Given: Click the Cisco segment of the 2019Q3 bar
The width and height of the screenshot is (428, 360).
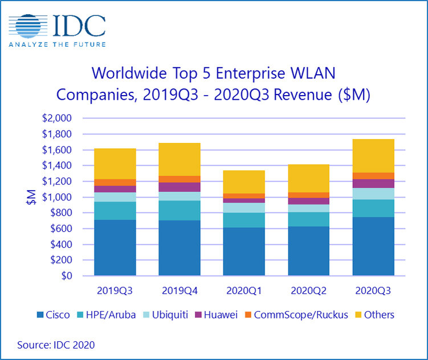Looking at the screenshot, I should [115, 248].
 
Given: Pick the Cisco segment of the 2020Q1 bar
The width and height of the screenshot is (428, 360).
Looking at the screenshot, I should [244, 252].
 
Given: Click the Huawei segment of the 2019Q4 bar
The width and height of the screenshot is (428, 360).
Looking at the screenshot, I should [180, 187].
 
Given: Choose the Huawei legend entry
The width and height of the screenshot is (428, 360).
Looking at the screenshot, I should [232, 314].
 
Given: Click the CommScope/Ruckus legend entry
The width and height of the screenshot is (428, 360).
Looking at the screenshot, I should [297, 314].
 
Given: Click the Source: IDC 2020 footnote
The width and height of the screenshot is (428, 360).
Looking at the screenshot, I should [56, 345].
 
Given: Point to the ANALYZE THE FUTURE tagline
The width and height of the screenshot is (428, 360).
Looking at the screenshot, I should [57, 43].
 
